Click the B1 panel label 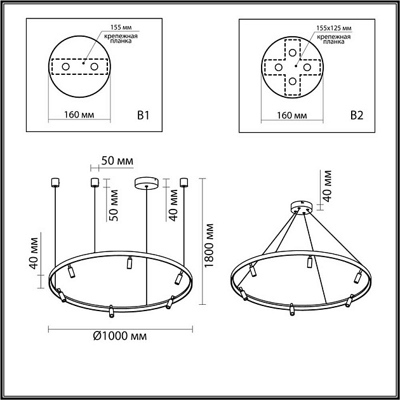pos(143,116)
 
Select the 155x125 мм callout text pos(333,29)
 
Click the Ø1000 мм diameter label pos(120,336)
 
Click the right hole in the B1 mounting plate pos(94,67)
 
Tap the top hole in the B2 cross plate pos(292,52)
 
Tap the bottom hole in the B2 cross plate pos(292,81)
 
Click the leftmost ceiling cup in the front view pos(54,183)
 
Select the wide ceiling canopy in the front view pos(147,183)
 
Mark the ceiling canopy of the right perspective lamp pos(300,208)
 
